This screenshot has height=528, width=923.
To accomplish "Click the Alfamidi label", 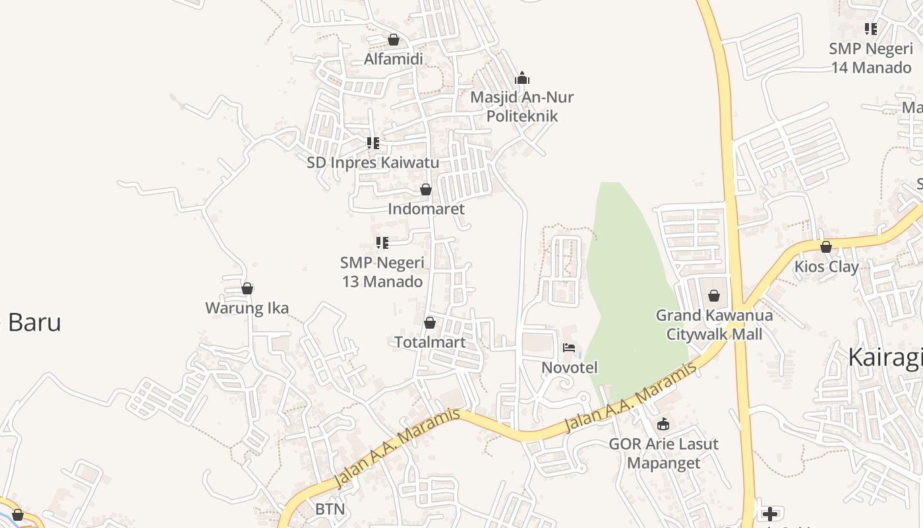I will pyautogui.click(x=394, y=59).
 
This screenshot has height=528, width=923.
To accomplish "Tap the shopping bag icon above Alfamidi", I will pyautogui.click(x=394, y=40).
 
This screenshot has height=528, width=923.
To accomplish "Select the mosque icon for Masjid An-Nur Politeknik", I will pyautogui.click(x=522, y=78).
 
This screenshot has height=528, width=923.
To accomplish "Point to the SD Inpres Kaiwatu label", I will pyautogui.click(x=372, y=162).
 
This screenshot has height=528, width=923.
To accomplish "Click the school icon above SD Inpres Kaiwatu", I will pyautogui.click(x=373, y=143).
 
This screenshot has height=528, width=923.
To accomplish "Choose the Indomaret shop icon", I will pyautogui.click(x=426, y=189).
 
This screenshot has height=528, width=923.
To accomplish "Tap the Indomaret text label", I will pyautogui.click(x=426, y=209).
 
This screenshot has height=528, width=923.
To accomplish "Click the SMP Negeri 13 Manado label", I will pyautogui.click(x=382, y=272).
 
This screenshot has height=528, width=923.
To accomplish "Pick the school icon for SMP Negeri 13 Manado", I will pyautogui.click(x=382, y=243).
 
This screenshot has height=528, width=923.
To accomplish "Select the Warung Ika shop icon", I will pyautogui.click(x=247, y=288).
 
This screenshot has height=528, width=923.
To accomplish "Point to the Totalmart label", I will pyautogui.click(x=430, y=342).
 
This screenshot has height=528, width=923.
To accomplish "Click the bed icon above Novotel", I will pyautogui.click(x=569, y=348).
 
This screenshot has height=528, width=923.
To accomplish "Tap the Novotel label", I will pyautogui.click(x=569, y=367).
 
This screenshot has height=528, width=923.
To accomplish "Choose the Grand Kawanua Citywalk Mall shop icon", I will pyautogui.click(x=714, y=296).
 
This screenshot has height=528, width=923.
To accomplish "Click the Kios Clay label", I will pyautogui.click(x=826, y=267).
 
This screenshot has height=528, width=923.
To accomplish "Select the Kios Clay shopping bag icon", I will pyautogui.click(x=826, y=247).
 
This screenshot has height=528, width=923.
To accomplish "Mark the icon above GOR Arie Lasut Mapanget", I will pyautogui.click(x=663, y=424).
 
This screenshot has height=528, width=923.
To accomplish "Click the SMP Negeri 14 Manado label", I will pyautogui.click(x=870, y=58).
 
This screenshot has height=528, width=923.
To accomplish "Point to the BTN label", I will pyautogui.click(x=330, y=509).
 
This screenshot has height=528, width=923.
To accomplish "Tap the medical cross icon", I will pyautogui.click(x=769, y=513).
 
